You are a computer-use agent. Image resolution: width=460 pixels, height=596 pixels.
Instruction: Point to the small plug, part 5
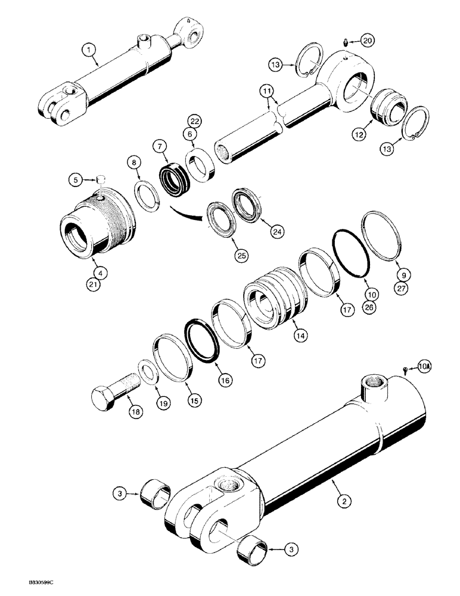click(101, 178)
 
